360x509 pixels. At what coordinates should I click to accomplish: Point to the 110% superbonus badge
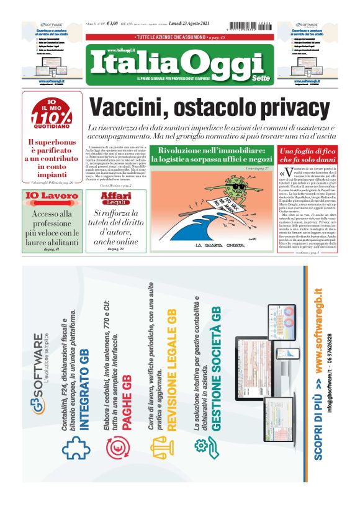52,115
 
